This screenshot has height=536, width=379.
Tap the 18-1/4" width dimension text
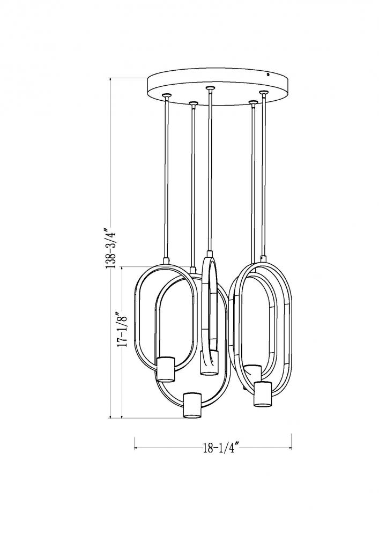coord(220,448)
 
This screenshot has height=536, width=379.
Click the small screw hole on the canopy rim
coord(268,74)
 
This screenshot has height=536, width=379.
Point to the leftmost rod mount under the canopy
coord(167,95)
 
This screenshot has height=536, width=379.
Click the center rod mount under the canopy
coord(210,88)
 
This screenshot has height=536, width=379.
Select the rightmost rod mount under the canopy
coord(264,93)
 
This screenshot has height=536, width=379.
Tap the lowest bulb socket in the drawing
coord(193,405)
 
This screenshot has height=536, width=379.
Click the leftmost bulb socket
coord(166,369)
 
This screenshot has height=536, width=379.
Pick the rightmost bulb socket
coord(263,394)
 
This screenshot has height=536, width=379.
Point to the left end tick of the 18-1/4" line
coord(135,448)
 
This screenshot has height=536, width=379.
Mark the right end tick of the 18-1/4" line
coord(291,441)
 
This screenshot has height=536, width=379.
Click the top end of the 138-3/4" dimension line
coord(110,78)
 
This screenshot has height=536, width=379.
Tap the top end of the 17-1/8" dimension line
coord(122,267)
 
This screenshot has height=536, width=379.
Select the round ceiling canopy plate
coord(219,83)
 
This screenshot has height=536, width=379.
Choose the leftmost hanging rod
coord(167,178)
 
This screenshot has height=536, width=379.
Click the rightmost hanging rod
coord(264,175)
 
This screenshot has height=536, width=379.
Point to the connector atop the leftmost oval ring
coord(167,260)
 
